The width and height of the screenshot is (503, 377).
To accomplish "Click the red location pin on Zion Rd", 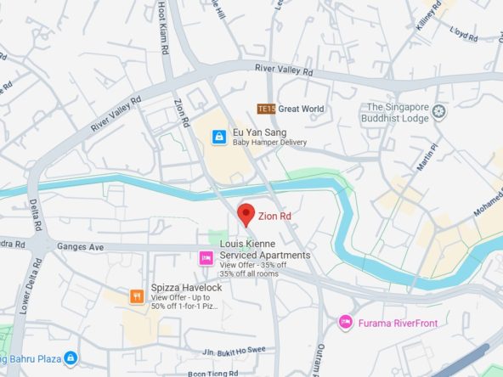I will point(246,215).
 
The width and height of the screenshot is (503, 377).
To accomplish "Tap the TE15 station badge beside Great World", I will point(267,109).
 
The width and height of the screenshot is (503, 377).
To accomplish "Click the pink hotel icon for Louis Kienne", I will point(205,257).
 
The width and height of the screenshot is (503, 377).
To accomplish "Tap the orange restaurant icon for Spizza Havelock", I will point(136,296).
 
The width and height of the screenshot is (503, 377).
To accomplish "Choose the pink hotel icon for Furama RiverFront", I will point(345,322).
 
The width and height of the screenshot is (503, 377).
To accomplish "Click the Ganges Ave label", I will point(80,247).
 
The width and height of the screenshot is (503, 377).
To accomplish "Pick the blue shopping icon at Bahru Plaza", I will point(71,359).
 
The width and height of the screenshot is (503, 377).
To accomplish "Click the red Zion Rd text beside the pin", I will point(274,217).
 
